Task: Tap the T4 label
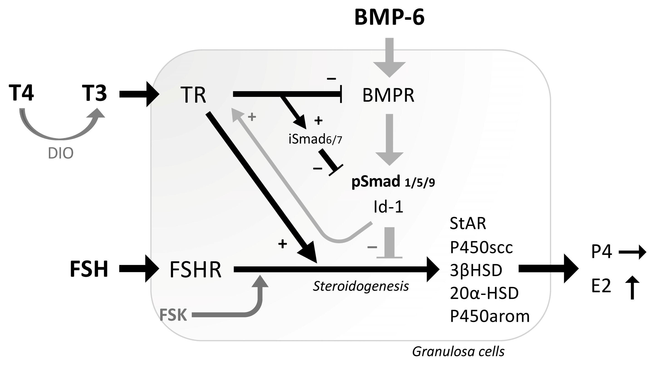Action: (x=21, y=93)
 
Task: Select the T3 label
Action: (x=94, y=93)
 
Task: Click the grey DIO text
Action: (x=61, y=153)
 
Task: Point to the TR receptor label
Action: (x=193, y=95)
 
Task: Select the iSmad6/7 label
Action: (x=315, y=139)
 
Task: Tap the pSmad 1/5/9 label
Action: (x=393, y=182)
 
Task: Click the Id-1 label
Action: (x=388, y=207)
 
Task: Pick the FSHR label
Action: (x=195, y=270)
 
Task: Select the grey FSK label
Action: (x=173, y=315)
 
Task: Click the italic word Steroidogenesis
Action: (x=361, y=286)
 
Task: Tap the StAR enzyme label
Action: (x=468, y=224)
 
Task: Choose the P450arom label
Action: (x=489, y=316)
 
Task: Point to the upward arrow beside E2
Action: (x=632, y=287)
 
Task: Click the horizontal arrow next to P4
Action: (x=632, y=252)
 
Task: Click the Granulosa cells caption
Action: (x=458, y=352)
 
